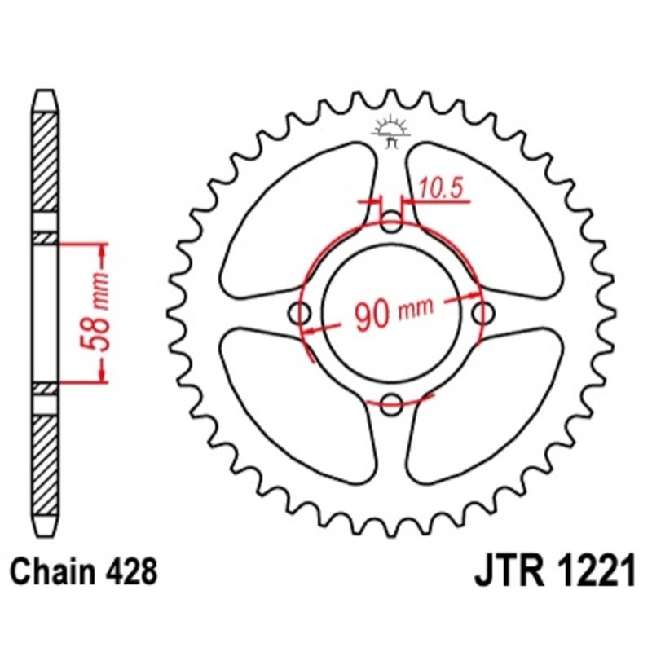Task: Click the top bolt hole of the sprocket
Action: point(392,221)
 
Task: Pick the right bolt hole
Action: point(483,311)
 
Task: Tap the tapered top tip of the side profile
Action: point(46,99)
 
